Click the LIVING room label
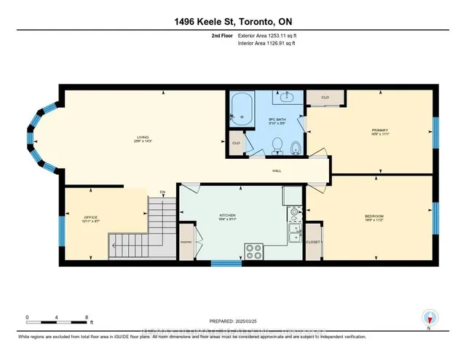(x=143, y=137)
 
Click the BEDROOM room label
(x=374, y=216)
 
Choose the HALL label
(x=277, y=171)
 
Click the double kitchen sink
(x=296, y=233)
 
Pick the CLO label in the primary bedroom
(x=324, y=96)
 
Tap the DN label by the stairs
(x=163, y=192)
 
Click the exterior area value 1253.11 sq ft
(x=269, y=34)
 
